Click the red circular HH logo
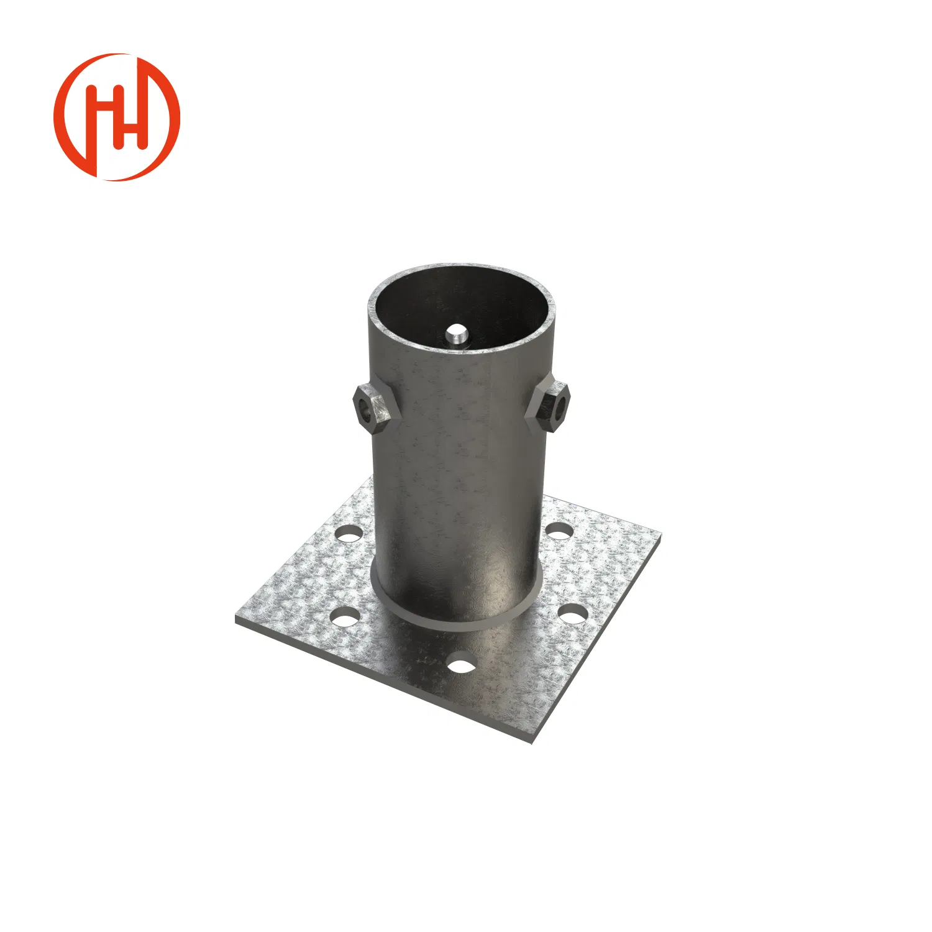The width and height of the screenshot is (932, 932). point(117,117)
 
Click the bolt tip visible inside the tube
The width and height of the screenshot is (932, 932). point(457,335)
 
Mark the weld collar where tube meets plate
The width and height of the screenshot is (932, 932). point(457,615)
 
